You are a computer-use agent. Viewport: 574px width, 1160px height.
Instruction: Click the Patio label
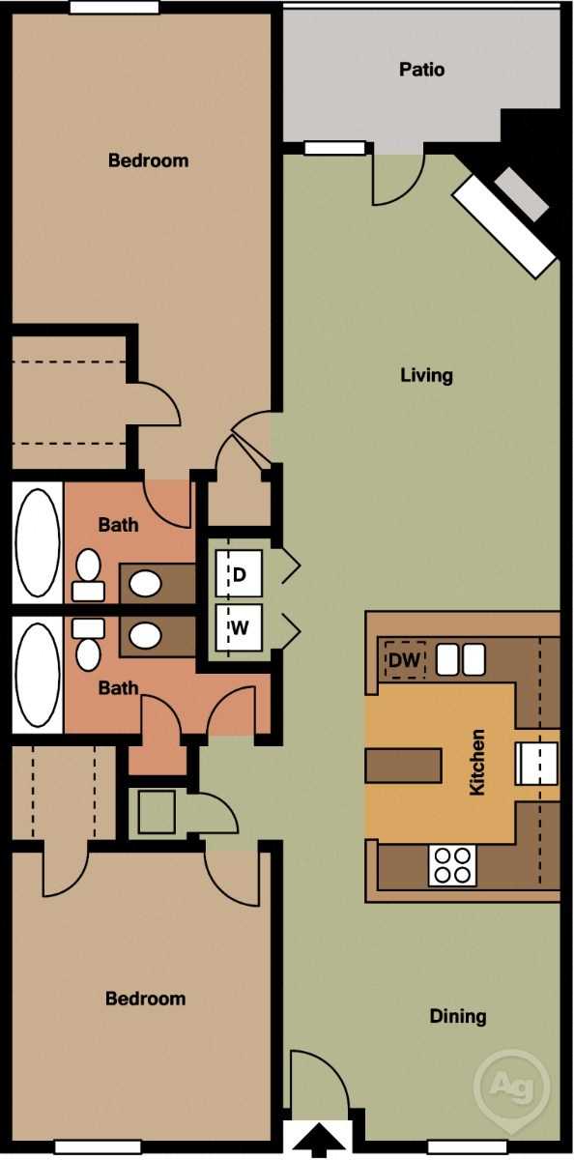[x=422, y=70]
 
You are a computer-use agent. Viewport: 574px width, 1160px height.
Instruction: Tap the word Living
[x=426, y=375]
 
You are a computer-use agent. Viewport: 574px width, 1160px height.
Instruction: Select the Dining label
[x=458, y=1016]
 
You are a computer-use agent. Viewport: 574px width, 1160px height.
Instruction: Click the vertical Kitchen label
[x=476, y=763]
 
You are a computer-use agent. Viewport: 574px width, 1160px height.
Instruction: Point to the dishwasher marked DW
[x=404, y=661]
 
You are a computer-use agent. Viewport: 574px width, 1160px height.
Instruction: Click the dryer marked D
[x=239, y=574]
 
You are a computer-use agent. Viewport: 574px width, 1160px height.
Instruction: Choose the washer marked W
[x=239, y=627]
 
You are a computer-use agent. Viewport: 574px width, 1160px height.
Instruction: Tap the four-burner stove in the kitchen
[x=452, y=864]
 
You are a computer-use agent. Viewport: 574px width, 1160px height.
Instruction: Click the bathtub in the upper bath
[x=38, y=544]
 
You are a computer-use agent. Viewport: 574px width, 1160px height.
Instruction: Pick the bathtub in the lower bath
[x=38, y=675]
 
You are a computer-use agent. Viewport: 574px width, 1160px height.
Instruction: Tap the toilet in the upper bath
[x=89, y=574]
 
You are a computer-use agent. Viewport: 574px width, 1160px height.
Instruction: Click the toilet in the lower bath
[x=89, y=642]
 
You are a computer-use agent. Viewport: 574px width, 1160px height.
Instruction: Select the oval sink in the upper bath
[x=146, y=583]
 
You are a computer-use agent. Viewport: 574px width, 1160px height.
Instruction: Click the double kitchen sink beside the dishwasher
[x=460, y=659]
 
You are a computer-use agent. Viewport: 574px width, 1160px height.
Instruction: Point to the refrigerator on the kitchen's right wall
[x=536, y=763]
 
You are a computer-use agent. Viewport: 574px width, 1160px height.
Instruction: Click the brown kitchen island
[x=404, y=764]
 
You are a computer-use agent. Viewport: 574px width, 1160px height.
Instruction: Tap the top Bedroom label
[x=148, y=160]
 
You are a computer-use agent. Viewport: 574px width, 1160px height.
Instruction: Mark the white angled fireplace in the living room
[x=504, y=225]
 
